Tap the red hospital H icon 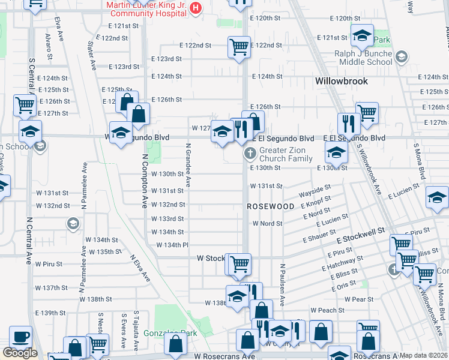[195, 8]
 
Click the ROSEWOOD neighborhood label [271, 206]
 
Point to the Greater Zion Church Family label [286, 154]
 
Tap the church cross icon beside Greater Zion [250, 155]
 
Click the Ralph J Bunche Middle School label [363, 58]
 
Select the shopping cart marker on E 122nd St [239, 46]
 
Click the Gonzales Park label [170, 333]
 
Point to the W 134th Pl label [172, 245]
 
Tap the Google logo [20, 353]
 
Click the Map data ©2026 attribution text [424, 355]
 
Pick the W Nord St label [267, 223]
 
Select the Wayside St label [315, 194]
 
